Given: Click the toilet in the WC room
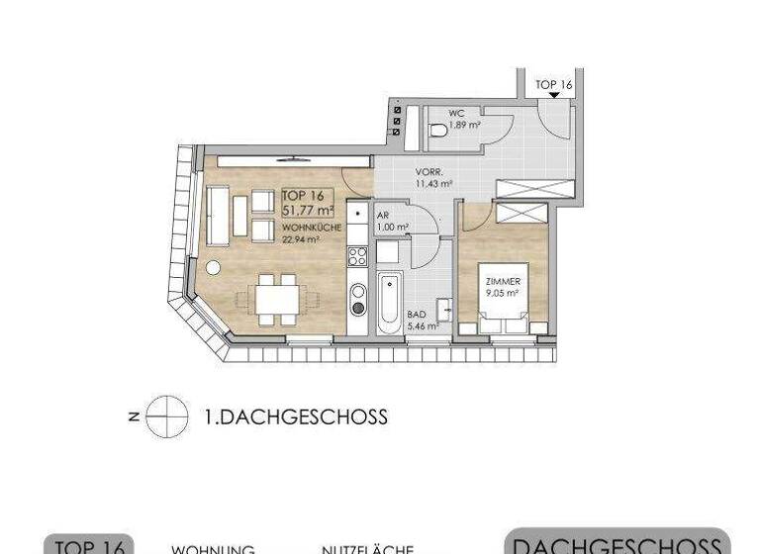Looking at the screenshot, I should click(436, 130).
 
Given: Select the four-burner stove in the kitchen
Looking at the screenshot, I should click(357, 255).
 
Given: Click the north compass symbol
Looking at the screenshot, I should click(167, 416).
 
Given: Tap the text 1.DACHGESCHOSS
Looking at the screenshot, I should click(295, 417).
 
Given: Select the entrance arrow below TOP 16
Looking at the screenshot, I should click(553, 96).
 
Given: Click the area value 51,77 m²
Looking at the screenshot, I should click(308, 211).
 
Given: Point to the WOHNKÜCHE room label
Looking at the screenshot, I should click(312, 228).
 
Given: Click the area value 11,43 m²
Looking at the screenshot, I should click(433, 183).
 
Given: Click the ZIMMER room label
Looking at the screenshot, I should click(501, 281).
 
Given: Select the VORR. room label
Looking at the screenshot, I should click(428, 171).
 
